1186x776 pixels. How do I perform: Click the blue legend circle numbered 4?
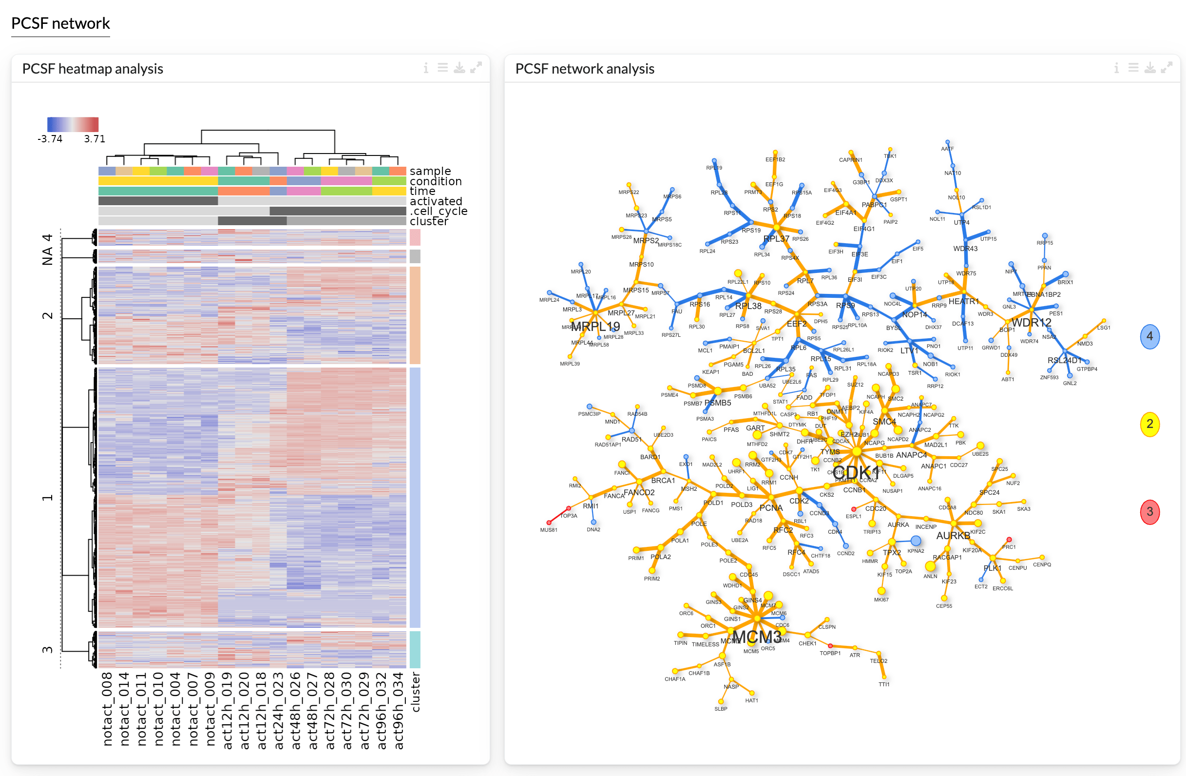coord(1149,336)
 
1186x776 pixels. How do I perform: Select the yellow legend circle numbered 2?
coord(1149,424)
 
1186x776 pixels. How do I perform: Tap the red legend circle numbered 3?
coord(1149,512)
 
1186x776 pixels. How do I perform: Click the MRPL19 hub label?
coord(595,327)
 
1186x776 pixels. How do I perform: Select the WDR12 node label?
coord(1031,323)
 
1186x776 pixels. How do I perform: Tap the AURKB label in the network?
coord(953,536)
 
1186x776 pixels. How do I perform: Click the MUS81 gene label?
coord(549,530)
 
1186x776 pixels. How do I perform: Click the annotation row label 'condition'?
coord(436,181)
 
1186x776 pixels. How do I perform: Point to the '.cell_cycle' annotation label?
coord(439,211)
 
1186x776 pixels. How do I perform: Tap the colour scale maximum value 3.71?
coord(95,139)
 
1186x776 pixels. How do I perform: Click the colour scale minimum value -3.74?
coord(50,139)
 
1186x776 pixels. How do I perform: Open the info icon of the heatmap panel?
coord(425,68)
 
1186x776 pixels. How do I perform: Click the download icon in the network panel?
coord(1149,68)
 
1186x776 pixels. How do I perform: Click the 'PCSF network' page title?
coord(60,23)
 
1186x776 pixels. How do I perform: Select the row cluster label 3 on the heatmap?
coord(47,650)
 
